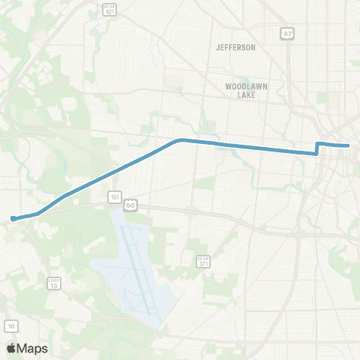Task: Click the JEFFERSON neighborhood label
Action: click(x=235, y=47)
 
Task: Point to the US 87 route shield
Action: click(x=288, y=34)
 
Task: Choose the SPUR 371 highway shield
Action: click(x=203, y=261)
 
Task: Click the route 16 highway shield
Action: click(x=11, y=325)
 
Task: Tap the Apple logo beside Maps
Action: click(x=11, y=348)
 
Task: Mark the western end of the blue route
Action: click(x=13, y=219)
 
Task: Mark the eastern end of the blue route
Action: click(x=348, y=145)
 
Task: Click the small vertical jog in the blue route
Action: click(x=317, y=148)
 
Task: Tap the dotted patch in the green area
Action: click(x=72, y=233)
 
